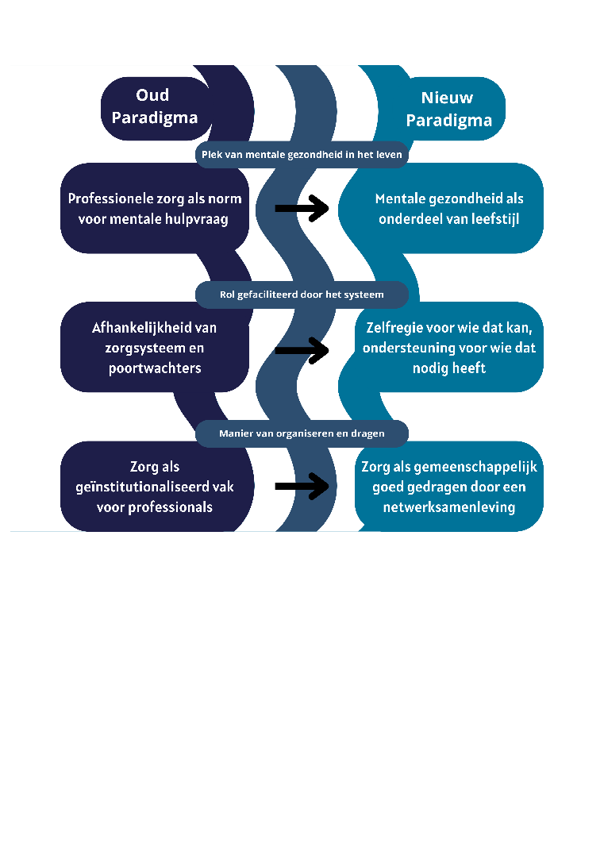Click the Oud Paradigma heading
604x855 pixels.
click(154, 107)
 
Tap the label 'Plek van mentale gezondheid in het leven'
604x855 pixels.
click(302, 155)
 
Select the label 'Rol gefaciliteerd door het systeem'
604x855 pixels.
click(302, 295)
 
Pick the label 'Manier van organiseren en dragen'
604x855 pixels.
click(302, 433)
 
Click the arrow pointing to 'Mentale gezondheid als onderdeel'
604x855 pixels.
click(302, 209)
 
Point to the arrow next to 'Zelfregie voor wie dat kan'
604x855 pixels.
click(302, 348)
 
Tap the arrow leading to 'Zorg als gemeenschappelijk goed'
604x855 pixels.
click(302, 487)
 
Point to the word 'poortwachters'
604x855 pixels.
click(154, 368)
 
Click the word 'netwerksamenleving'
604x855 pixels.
click(449, 507)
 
